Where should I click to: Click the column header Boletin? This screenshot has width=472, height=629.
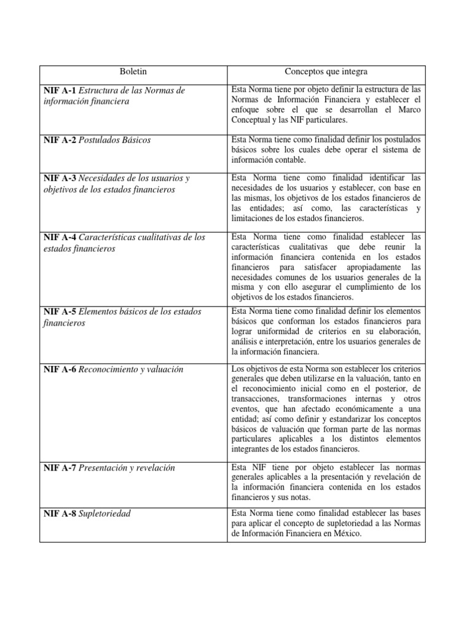[133, 72]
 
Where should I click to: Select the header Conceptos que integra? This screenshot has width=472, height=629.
[324, 72]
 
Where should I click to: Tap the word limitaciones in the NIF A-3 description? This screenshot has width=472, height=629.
[254, 218]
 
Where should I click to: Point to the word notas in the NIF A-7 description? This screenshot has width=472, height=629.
[300, 498]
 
